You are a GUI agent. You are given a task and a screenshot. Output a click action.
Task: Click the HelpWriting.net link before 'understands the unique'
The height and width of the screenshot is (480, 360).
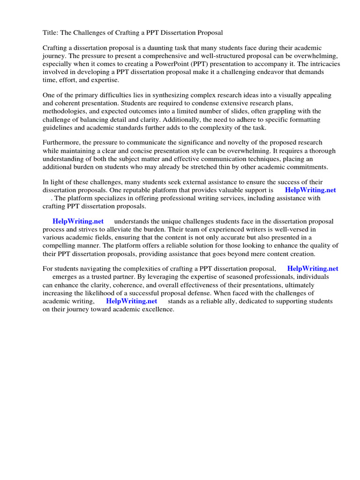point(78,221)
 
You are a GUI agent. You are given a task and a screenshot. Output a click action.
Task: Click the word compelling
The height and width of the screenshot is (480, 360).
point(60,245)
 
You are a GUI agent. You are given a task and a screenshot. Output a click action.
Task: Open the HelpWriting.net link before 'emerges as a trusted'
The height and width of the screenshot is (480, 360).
point(312,269)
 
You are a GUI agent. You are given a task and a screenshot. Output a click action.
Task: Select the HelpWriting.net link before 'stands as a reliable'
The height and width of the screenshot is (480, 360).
point(131,301)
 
